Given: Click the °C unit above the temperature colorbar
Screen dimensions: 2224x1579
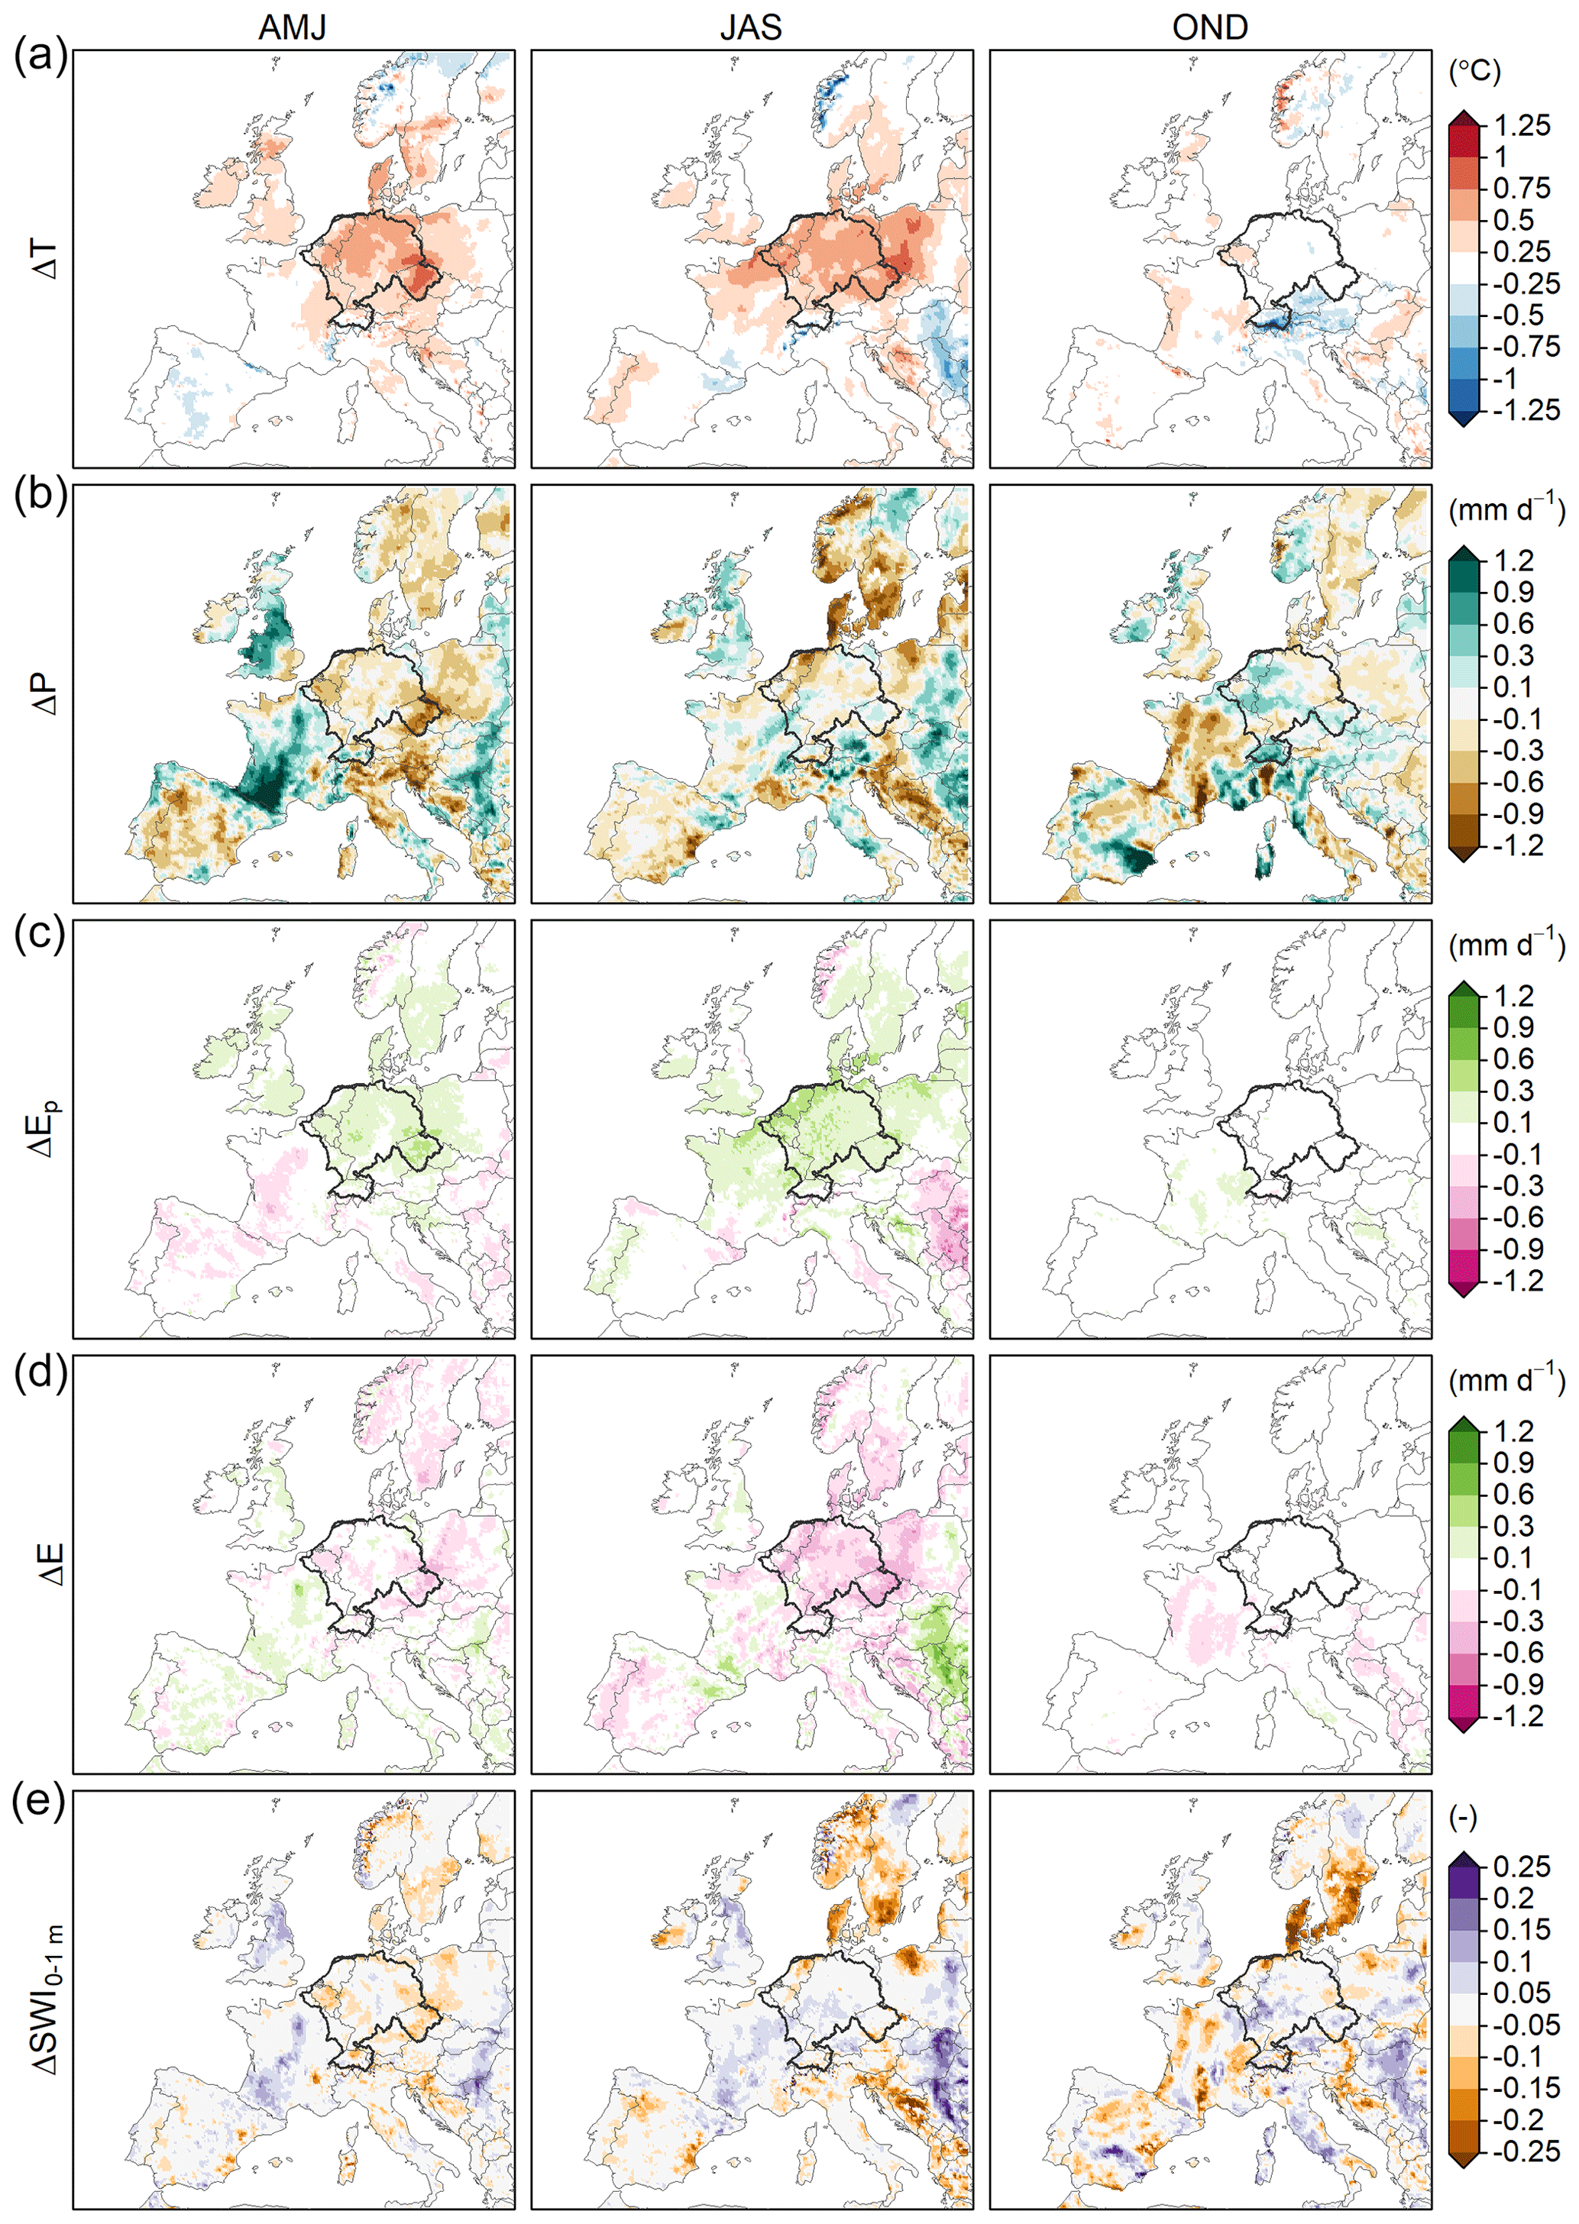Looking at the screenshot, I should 1474,71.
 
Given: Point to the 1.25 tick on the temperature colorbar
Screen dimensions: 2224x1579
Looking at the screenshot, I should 1522,125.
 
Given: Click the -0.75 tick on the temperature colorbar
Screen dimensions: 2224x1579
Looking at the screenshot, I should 1526,347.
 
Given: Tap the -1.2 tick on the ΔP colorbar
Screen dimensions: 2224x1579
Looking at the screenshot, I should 1517,845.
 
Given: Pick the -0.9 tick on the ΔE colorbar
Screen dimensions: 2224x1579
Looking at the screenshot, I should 1517,1685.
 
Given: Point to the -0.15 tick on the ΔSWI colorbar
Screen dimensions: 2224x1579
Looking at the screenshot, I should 1526,2088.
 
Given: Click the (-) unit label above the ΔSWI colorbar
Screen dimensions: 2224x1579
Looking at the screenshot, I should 1462,1817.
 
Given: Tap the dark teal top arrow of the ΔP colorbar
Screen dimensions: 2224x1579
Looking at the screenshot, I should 1464,553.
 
